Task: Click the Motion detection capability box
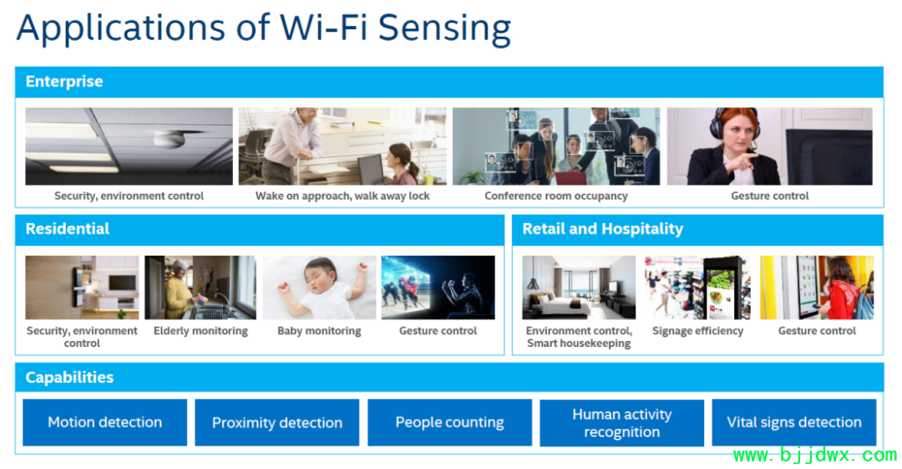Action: point(104,422)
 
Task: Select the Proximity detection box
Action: point(276,422)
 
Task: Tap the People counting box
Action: point(449,422)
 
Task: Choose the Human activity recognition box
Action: point(621,423)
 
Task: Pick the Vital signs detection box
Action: point(794,422)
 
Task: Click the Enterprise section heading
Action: point(64,81)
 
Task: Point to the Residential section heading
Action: point(68,229)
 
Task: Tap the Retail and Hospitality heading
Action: point(602,229)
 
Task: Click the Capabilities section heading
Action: point(69,377)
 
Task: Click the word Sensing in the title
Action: point(444,28)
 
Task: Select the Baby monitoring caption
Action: point(319,331)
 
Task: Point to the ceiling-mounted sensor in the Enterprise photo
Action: point(169,140)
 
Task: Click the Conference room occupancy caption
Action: point(555,196)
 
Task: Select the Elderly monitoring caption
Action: point(200,331)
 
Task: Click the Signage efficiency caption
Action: point(697,331)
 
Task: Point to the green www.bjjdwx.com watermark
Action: point(814,455)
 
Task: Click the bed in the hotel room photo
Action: point(557,305)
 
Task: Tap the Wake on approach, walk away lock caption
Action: point(342,196)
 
